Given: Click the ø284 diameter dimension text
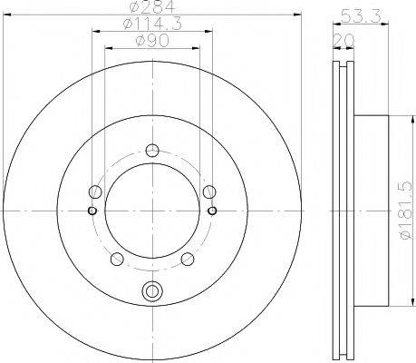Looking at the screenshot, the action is (x=152, y=6).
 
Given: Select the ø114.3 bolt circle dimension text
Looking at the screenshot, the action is (x=152, y=24).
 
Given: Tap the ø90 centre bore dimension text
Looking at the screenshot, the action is (x=152, y=41).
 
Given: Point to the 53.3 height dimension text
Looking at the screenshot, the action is (x=361, y=16).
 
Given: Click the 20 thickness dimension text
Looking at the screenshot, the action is (x=343, y=41).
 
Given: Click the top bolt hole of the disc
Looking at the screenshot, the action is (x=152, y=150).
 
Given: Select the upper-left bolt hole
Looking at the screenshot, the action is (x=95, y=191).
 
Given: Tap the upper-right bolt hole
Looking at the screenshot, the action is (x=209, y=191).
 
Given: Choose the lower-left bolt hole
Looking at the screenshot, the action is (x=117, y=259).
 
